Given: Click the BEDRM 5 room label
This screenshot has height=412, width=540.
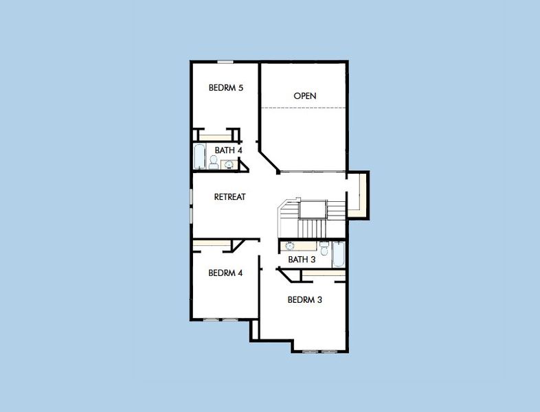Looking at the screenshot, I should tap(225, 88).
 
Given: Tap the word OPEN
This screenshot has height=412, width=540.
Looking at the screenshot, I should tap(305, 96).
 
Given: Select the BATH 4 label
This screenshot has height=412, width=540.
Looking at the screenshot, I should tap(229, 150).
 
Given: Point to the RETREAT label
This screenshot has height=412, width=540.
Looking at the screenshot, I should tap(229, 197).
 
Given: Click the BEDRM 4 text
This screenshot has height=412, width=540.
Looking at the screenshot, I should tap(225, 273).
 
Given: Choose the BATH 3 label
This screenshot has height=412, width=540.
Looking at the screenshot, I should tap(302, 260).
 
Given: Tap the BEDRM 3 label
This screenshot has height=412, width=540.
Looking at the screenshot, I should tap(304, 299).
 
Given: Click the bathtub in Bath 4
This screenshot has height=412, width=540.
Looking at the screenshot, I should tap(199, 157).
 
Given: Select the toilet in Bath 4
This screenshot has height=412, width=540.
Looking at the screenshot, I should tap(214, 162).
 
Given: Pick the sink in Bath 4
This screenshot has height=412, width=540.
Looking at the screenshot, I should tap(228, 165).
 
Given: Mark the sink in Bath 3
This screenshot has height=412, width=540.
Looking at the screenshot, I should tap(290, 245).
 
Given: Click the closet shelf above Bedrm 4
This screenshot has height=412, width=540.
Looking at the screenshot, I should tap(212, 243).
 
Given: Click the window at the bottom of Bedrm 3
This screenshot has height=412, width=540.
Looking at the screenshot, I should tap(320, 351).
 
